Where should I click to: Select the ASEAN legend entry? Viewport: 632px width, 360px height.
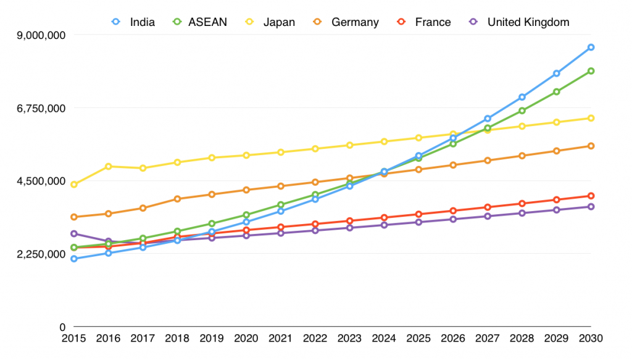[x=200, y=22]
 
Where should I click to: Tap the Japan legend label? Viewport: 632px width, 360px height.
[x=271, y=22]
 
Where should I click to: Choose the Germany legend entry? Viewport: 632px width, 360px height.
[x=347, y=22]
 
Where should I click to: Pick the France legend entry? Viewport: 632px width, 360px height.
[x=425, y=22]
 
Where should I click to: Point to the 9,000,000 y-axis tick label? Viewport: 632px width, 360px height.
[x=41, y=35]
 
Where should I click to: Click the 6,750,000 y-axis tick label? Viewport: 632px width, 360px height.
[x=41, y=108]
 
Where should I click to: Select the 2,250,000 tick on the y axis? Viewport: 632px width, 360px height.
[x=41, y=254]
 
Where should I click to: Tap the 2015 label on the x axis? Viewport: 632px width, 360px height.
[x=74, y=338]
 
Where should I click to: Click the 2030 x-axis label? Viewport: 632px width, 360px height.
[x=591, y=338]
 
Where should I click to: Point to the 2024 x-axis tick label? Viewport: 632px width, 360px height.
[x=384, y=338]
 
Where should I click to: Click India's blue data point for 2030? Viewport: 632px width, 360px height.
[x=591, y=48]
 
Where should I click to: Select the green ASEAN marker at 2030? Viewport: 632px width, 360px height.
[x=591, y=71]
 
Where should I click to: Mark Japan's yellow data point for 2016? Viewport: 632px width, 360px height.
[x=109, y=166]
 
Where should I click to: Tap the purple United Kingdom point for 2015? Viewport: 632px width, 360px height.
[x=74, y=233]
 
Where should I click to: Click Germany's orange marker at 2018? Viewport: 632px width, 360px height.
[x=177, y=199]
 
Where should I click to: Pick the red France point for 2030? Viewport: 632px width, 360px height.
[x=591, y=196]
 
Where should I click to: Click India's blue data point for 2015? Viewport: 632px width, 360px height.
[x=74, y=259]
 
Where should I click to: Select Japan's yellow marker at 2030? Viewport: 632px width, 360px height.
[x=591, y=118]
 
